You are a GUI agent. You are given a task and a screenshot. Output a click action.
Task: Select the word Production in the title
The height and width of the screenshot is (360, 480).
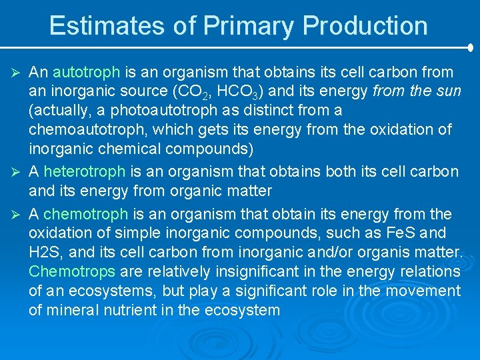tap(365, 26)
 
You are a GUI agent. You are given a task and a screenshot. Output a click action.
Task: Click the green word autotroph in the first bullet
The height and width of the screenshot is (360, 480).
tap(86, 72)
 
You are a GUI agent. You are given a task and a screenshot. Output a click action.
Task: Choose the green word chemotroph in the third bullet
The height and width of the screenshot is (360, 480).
tap(85, 214)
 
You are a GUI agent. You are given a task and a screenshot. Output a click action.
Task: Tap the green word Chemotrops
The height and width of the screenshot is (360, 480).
tap(72, 272)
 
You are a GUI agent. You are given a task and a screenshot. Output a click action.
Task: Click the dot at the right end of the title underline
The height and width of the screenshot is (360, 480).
tap(470, 48)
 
